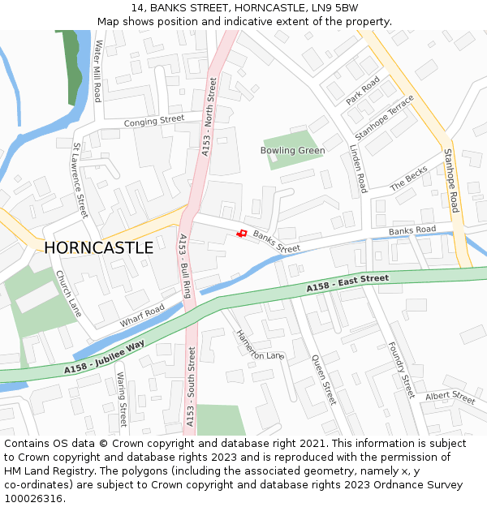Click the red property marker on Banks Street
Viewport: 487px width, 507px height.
click(x=241, y=234)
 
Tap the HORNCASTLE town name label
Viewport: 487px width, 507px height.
click(x=98, y=247)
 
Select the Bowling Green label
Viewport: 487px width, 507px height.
click(x=292, y=150)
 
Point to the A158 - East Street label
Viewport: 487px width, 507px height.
click(x=347, y=284)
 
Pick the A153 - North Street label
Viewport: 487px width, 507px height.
click(x=209, y=117)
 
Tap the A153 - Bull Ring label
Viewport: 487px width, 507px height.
click(x=184, y=266)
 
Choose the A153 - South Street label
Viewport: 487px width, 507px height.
click(x=191, y=387)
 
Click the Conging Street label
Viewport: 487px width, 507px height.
click(x=154, y=121)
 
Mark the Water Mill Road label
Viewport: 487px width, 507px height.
click(x=98, y=71)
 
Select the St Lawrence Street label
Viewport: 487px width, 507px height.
click(x=80, y=181)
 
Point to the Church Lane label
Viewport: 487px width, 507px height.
click(x=69, y=294)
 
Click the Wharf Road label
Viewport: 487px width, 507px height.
click(x=142, y=316)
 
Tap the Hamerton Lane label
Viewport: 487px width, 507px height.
click(x=260, y=344)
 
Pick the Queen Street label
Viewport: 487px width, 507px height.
click(x=323, y=378)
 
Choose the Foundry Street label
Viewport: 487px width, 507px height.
click(x=401, y=369)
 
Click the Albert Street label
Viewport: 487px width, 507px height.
click(x=450, y=397)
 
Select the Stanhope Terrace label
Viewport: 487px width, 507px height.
click(x=384, y=118)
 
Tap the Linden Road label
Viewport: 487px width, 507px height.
click(x=358, y=169)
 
